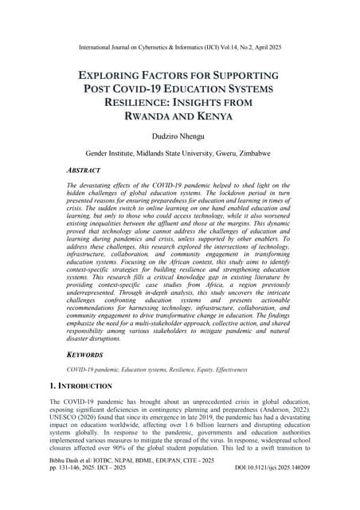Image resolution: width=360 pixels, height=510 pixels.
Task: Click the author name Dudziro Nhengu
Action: pos(180,137)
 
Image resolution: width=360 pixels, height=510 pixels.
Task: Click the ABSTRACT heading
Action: pos(83,171)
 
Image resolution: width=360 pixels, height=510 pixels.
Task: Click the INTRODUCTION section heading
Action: pos(94,385)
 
